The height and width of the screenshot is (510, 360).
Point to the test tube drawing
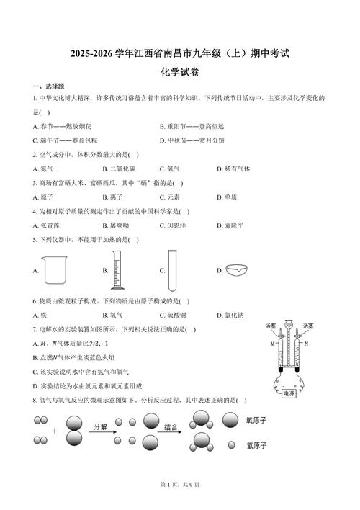173,268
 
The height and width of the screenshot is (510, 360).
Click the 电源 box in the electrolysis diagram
289,393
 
